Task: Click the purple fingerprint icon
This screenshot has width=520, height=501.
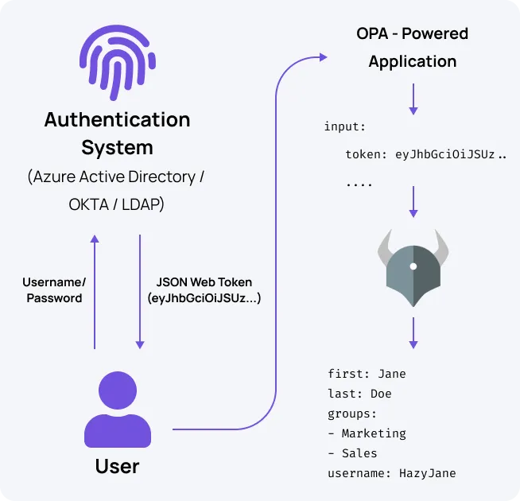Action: (x=118, y=60)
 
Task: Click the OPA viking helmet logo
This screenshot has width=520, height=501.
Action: (x=413, y=266)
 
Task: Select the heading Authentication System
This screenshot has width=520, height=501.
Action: (x=117, y=134)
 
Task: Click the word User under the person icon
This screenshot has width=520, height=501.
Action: (x=117, y=465)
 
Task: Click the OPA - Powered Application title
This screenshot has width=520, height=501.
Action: (x=413, y=47)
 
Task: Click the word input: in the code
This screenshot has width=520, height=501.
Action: (x=344, y=127)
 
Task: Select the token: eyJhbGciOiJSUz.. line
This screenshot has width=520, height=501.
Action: (x=425, y=155)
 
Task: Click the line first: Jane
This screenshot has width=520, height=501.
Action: (x=367, y=374)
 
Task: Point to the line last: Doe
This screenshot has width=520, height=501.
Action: (x=359, y=394)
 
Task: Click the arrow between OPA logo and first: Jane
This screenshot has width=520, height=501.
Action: (x=413, y=332)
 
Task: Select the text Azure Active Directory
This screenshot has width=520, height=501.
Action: (x=117, y=177)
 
